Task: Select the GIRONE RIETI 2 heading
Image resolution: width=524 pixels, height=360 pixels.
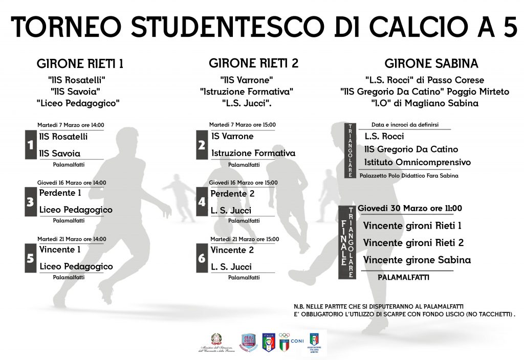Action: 253,63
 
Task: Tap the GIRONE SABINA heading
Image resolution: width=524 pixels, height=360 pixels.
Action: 431,63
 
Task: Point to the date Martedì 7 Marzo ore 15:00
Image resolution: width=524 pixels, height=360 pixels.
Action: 242,125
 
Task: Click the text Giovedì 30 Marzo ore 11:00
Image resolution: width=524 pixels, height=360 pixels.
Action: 410,208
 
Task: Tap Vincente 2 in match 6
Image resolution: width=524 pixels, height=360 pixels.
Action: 232,250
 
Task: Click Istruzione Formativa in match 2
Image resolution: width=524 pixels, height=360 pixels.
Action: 253,153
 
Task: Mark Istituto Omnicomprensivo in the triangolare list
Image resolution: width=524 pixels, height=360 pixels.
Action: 417,162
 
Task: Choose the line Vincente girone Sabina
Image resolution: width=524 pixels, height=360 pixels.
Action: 417,260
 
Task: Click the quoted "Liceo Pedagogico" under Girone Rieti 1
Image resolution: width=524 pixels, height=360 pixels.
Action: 78,103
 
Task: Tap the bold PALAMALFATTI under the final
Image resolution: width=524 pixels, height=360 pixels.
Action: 403,277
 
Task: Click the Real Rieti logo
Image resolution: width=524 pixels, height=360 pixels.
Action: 248,343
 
